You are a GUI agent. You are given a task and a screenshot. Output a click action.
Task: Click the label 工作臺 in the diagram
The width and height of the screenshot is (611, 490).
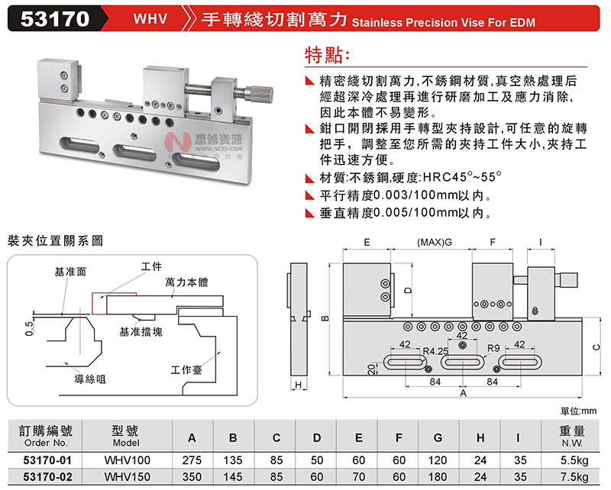[x=187, y=370]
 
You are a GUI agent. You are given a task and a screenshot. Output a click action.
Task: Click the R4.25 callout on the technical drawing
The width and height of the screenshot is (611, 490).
[x=435, y=351]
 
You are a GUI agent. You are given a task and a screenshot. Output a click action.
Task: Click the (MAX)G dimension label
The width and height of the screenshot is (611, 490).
[x=435, y=242]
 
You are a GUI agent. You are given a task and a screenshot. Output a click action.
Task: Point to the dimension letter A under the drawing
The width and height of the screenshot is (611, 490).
[x=464, y=392]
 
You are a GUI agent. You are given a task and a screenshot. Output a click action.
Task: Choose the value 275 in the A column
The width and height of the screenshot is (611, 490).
[x=192, y=460]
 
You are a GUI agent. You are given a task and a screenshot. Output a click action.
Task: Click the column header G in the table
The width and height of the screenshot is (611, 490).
[x=438, y=437]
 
